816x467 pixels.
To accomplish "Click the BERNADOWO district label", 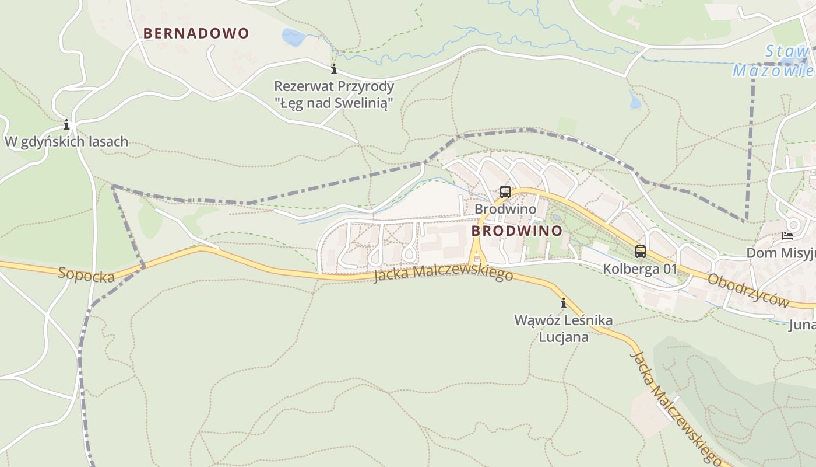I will click(196, 33).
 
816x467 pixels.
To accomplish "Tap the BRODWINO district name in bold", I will click(516, 231).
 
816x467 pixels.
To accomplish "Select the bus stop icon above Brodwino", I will click(505, 191).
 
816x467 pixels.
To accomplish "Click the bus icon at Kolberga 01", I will click(641, 252).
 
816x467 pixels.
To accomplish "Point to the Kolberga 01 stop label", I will click(640, 269).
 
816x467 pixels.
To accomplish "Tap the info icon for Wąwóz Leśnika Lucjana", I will click(564, 303).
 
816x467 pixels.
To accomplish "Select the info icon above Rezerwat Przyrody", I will click(334, 70).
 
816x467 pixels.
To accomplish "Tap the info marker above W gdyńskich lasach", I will click(66, 124).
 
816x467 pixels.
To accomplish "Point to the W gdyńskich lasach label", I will click(66, 141).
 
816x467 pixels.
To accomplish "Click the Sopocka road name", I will click(86, 274).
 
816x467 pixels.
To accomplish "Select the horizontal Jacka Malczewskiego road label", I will click(443, 273).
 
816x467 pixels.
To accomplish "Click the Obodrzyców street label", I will click(748, 290).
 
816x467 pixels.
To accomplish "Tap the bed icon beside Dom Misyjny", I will click(787, 236).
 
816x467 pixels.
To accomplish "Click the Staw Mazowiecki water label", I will click(775, 61).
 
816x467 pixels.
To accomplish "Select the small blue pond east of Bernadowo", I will click(293, 37).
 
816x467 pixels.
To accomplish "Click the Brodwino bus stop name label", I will click(505, 209).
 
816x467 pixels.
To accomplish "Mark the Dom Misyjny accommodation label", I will click(781, 253).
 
